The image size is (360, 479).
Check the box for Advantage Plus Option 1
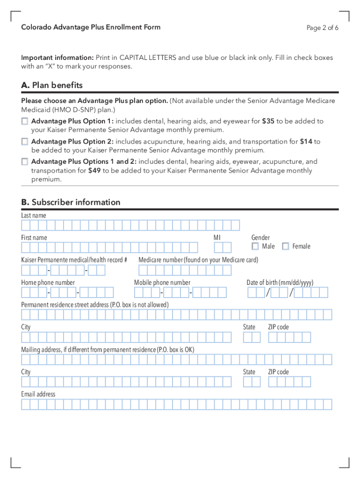pos(24,122)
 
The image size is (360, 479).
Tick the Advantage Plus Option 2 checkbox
pos(24,142)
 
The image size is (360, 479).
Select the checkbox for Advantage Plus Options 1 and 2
pos(24,162)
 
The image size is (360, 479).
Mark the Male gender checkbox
pos(255,246)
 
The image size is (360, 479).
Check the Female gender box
pos(285,246)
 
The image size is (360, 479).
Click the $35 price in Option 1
pos(268,121)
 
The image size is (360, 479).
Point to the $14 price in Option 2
pos(306,141)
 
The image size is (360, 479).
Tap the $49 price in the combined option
pos(94,170)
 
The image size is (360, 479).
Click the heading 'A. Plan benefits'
pos(52,85)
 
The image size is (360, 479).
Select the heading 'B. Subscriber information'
pos(71,202)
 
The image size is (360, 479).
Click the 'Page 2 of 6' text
pos(322,28)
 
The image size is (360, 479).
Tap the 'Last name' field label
pos(34,215)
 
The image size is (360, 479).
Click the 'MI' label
pos(217,238)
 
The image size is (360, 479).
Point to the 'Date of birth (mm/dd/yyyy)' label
pos(280,283)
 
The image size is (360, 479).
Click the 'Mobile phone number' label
pos(162,283)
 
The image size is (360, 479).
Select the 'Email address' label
pos(38,394)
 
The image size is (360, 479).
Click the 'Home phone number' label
pos(48,283)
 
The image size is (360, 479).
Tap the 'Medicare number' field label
pos(198,260)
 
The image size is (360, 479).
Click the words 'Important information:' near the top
pos(58,58)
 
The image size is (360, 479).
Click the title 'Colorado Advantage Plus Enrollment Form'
pos(91,27)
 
